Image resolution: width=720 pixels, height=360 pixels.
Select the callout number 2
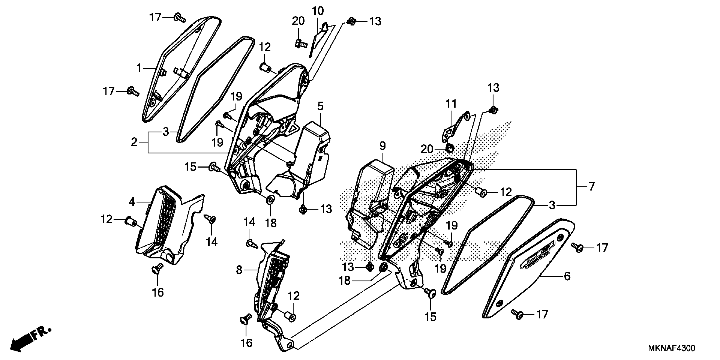[x=134, y=142]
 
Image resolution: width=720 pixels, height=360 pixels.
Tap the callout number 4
[x=132, y=202]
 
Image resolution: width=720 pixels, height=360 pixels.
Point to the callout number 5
[x=320, y=106]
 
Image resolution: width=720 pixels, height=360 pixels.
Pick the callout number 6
[x=567, y=276]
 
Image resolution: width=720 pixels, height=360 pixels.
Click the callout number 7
[x=591, y=186]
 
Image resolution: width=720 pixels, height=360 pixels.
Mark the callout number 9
[x=383, y=146]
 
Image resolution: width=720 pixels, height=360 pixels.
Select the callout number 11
[x=451, y=104]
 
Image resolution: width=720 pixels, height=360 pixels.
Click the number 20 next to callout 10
[x=298, y=21]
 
